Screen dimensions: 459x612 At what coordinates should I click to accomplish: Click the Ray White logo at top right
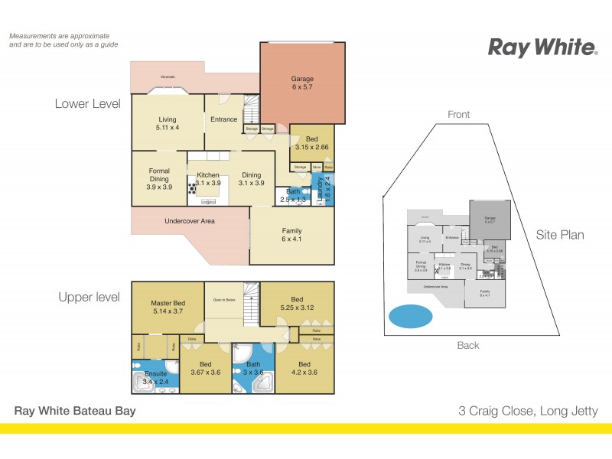(542, 48)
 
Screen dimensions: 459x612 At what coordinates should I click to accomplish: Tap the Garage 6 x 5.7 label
(302, 83)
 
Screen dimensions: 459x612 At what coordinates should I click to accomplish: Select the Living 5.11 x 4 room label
(168, 124)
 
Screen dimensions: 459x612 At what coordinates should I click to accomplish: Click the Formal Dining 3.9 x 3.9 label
(158, 180)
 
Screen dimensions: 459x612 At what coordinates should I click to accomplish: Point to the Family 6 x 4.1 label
(291, 235)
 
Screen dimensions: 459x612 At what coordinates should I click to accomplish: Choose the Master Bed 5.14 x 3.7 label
(167, 308)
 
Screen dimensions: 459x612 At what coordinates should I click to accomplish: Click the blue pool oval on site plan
(410, 316)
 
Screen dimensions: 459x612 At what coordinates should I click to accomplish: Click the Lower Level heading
(87, 104)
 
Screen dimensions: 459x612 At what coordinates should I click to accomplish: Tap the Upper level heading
(89, 297)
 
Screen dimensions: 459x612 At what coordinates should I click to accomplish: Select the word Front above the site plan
(459, 115)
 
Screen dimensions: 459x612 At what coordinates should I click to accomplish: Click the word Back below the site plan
(468, 345)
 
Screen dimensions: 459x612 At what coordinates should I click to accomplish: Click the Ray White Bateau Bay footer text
(75, 411)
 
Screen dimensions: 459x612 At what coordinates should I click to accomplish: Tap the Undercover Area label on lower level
(190, 221)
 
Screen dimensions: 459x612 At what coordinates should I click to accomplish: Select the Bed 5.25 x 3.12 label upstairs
(298, 304)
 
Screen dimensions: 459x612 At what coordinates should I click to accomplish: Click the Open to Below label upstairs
(223, 299)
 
